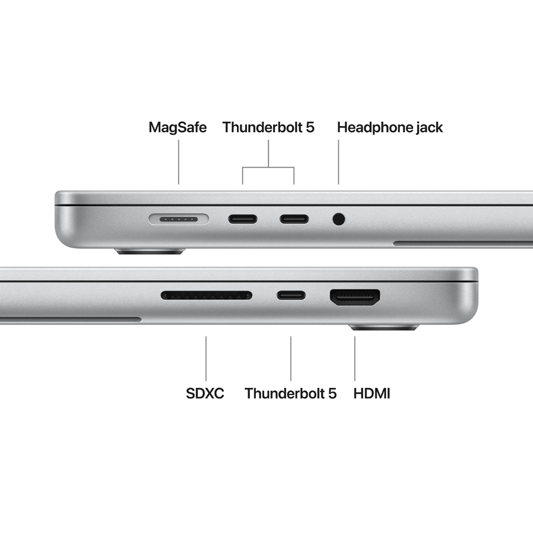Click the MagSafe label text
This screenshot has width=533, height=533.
point(178,127)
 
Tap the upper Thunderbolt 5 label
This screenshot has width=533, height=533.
point(268,127)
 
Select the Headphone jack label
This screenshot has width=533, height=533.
point(390,127)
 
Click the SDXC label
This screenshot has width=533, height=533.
point(205,393)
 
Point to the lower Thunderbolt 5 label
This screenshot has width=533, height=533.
point(290,393)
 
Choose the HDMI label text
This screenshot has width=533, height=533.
point(372,393)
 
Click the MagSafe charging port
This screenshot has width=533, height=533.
point(179,220)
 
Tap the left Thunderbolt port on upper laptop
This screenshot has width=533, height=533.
point(243,220)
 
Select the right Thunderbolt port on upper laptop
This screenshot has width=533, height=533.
point(294,220)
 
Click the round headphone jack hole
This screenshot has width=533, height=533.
point(339,220)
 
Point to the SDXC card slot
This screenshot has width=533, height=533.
point(206,295)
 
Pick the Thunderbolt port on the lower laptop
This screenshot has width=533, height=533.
point(291,295)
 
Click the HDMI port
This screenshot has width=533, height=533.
point(355,297)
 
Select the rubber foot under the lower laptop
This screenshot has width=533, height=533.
point(384,327)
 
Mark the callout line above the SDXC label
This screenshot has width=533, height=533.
point(206,358)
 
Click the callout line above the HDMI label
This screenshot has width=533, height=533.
point(355,358)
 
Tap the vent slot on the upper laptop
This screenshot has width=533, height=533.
point(462,243)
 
